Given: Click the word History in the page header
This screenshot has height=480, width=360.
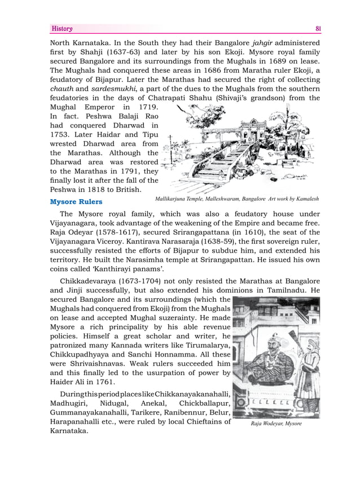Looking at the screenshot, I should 62,29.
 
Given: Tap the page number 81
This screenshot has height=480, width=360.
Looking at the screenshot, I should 318,29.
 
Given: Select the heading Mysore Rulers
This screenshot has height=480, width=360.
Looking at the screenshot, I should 76,201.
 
